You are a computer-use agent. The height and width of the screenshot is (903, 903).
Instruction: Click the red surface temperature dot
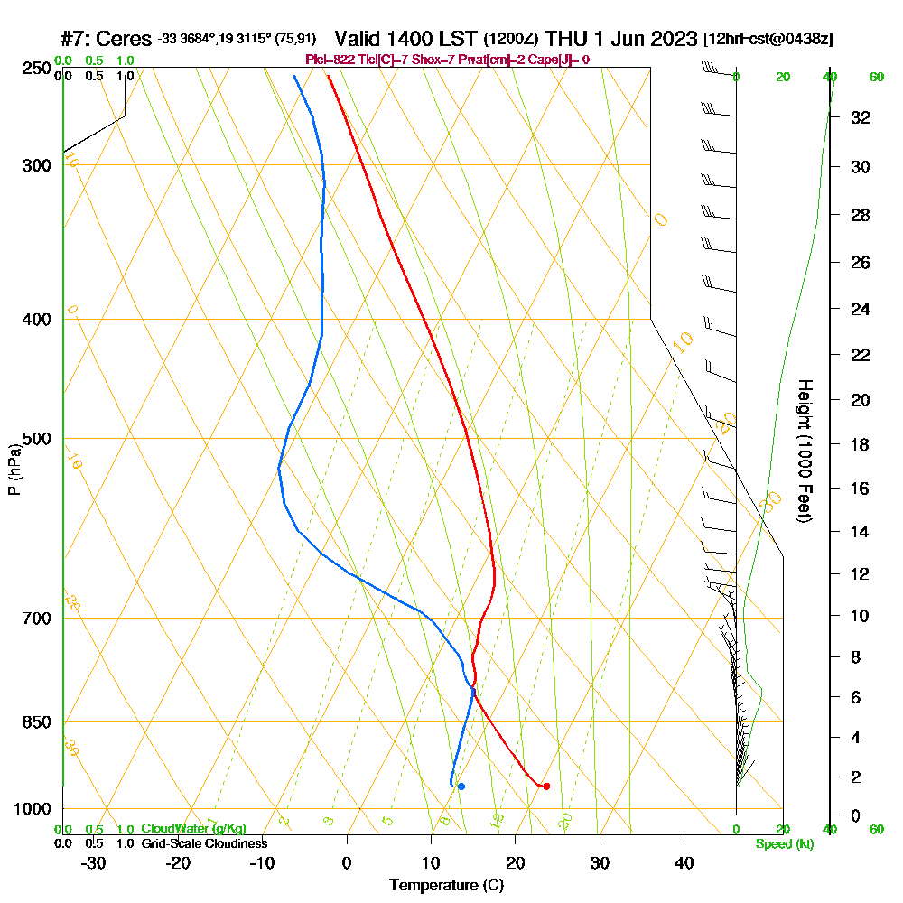point(546,786)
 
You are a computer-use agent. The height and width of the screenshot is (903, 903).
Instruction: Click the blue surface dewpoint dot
point(461,787)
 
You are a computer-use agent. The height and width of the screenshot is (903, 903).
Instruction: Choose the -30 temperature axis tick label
point(93,863)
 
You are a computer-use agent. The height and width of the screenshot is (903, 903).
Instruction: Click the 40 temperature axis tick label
point(684,863)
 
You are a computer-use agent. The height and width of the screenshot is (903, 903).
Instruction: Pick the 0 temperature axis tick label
point(347,863)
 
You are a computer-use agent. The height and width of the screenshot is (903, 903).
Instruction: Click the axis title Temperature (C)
point(446,886)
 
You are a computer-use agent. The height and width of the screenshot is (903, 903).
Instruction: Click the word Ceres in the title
point(125,39)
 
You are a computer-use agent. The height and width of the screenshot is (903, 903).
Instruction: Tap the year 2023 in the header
point(667,39)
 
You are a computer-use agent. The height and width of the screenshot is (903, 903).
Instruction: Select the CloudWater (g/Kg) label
point(193,829)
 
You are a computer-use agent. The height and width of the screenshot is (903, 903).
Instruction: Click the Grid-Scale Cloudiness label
point(204,843)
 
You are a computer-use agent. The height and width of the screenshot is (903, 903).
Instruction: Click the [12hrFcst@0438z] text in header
point(768,40)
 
